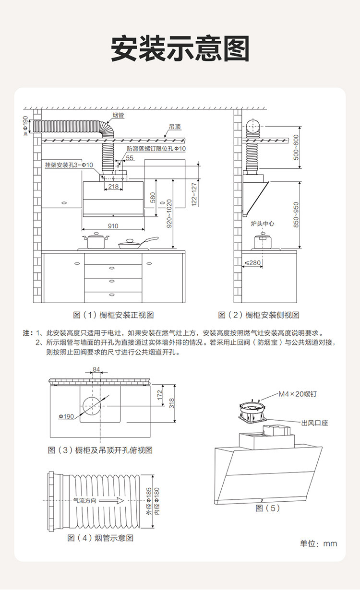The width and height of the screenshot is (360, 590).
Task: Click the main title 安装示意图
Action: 180,48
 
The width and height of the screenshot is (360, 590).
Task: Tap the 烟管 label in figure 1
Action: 119,115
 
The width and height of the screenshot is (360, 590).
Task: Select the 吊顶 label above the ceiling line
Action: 175,128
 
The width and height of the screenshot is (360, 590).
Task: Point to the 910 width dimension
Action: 113,225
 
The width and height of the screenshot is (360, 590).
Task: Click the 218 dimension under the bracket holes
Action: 113,186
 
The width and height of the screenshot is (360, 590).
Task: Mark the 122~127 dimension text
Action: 194,194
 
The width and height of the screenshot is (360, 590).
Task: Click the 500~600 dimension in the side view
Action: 296,147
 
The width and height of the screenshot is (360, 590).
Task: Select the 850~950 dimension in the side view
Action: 296,214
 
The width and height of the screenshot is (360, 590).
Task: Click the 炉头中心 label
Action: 262,224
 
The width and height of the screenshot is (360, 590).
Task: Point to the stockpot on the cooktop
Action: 96,240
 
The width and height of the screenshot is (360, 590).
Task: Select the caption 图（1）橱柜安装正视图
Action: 113,315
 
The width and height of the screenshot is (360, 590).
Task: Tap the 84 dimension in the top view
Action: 96,369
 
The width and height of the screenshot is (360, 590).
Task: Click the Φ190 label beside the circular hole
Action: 66,416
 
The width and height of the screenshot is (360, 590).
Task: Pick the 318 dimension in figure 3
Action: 171,403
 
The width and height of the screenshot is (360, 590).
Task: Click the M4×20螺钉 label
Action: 298,394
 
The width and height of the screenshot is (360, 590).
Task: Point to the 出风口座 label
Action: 314,423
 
